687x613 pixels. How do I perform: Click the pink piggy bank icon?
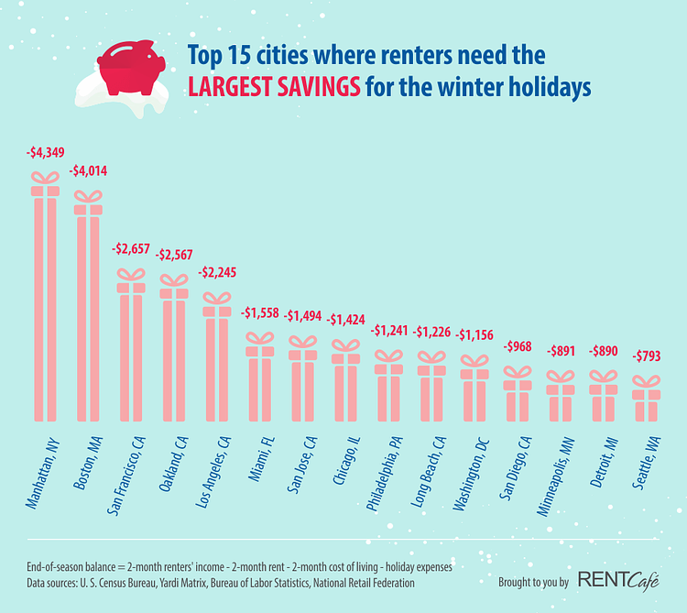tap(130, 69)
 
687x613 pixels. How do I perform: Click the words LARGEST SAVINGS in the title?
tap(274, 89)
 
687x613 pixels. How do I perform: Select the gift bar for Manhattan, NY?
tap(45, 302)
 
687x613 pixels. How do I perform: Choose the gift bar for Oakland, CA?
tap(173, 353)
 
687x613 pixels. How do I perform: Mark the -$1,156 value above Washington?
tap(474, 335)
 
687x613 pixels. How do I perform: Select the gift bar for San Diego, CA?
tap(518, 399)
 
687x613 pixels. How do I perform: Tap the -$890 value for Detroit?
tap(604, 351)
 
